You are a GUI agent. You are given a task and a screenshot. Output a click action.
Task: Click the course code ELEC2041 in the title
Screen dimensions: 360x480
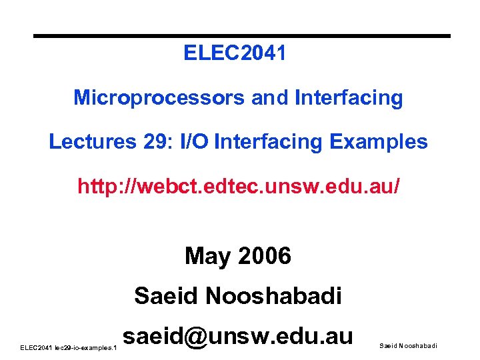point(235,53)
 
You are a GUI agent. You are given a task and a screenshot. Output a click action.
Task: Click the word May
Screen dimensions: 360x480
point(205,255)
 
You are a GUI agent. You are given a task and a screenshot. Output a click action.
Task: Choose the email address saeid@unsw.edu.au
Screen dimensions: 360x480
point(238,335)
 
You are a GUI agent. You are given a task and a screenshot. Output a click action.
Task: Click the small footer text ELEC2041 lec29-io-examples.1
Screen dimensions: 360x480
point(69,348)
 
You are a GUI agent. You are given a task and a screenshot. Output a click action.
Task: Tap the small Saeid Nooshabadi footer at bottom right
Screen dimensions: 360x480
point(408,345)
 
